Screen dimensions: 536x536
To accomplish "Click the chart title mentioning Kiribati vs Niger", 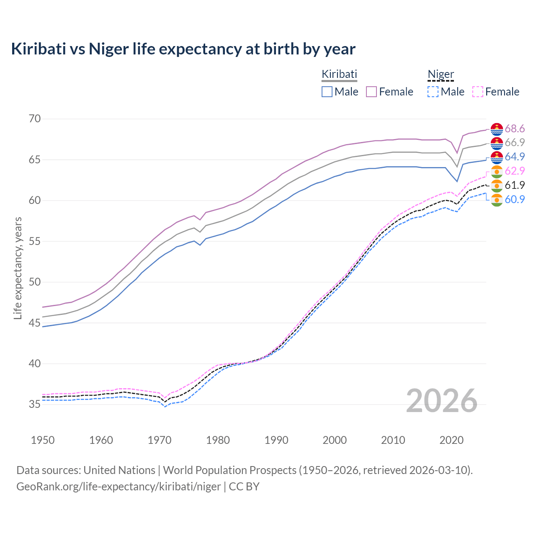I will tap(183, 49).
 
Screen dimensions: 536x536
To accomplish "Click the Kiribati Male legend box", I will tap(327, 92).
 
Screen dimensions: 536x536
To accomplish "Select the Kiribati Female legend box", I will tap(371, 92).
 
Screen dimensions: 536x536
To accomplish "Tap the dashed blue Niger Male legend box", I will tap(433, 92).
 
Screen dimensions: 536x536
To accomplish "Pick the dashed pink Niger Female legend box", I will tap(478, 92).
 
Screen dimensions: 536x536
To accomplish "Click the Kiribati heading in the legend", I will tap(339, 74).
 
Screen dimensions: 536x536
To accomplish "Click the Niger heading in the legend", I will tap(441, 74).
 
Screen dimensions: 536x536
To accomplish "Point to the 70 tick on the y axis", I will tap(35, 119).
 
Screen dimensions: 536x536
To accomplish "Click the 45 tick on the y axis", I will tap(35, 323).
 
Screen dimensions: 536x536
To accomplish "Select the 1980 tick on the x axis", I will tap(218, 440).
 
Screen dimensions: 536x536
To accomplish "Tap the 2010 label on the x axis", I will tap(393, 440).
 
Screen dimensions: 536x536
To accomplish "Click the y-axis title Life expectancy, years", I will tap(18, 268).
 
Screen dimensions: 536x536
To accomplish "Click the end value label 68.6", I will tap(515, 129).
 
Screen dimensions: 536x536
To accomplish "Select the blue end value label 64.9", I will tap(515, 157).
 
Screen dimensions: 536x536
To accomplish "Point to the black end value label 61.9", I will tap(515, 185).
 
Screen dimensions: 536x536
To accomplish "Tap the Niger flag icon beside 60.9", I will tap(497, 200).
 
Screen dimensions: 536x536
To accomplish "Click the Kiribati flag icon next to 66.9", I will tap(497, 143).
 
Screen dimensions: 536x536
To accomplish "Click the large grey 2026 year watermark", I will tap(441, 401).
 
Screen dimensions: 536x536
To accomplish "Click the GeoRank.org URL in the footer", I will tap(119, 487).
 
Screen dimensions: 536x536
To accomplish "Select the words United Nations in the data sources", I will tap(119, 470).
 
